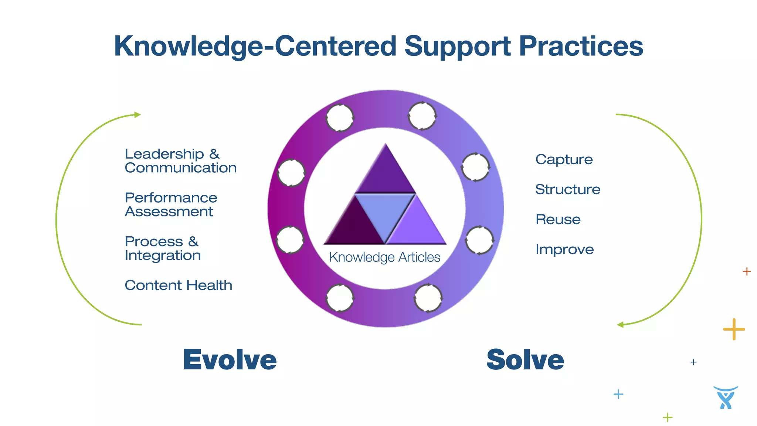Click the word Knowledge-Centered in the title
255,46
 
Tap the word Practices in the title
581,46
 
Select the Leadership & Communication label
180,161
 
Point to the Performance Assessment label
171,204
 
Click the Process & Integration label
163,248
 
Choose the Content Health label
179,285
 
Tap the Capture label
564,159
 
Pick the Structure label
568,189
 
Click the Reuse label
558,219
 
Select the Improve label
565,249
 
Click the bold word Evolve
230,360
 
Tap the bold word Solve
525,360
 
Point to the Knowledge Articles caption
385,257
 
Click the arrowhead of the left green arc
138,115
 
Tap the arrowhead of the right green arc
621,325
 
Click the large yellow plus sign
734,329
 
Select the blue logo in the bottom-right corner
726,398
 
